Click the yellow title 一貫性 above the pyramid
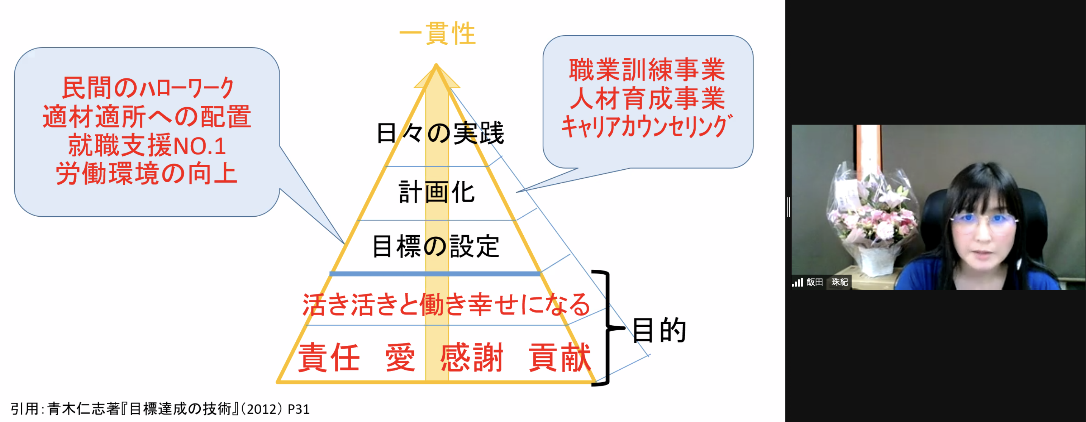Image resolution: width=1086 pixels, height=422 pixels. click(437, 33)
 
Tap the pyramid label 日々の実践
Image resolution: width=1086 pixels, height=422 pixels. click(440, 133)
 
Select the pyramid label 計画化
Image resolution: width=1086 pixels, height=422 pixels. click(437, 192)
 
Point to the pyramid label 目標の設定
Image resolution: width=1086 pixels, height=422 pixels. click(436, 247)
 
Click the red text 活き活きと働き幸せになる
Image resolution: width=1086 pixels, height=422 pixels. click(446, 305)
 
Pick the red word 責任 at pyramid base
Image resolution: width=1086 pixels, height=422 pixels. click(329, 358)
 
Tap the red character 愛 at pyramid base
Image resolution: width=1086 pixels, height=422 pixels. click(399, 358)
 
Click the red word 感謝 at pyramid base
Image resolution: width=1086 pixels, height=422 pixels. click(472, 358)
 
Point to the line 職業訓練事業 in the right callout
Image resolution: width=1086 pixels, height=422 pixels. click(647, 70)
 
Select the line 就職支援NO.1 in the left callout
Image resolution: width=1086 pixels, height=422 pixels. click(147, 145)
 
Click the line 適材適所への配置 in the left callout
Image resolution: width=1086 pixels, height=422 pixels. click(147, 117)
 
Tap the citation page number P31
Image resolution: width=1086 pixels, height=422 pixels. click(298, 409)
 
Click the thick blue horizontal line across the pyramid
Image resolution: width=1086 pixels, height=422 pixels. click(435, 274)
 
